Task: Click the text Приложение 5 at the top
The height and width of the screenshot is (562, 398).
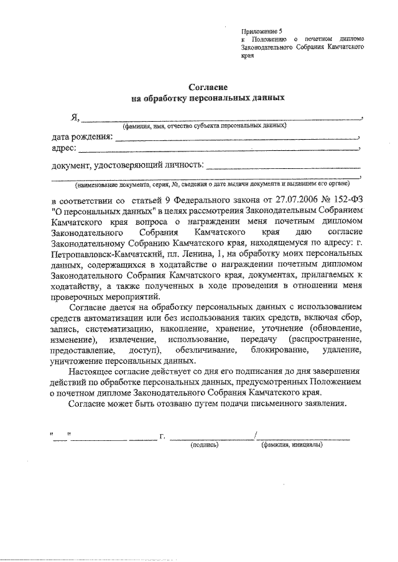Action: pos(261,30)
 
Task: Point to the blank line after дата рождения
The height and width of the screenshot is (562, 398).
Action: pos(237,139)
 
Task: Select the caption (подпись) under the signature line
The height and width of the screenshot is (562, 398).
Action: pos(204,445)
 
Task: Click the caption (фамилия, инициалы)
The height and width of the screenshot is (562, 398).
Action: pos(292,445)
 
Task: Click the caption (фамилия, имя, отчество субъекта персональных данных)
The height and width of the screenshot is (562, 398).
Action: pos(204,125)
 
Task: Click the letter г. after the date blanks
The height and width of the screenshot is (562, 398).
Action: pos(162,436)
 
